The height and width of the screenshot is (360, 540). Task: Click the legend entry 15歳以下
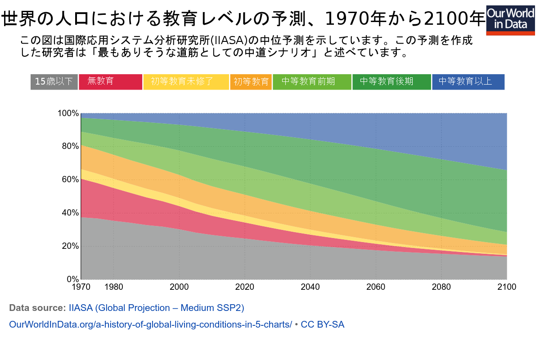[54, 81]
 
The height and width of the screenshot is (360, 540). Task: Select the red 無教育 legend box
[110, 81]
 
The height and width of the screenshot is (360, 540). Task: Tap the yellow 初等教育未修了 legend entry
[186, 81]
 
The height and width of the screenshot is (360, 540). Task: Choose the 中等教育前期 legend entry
[312, 81]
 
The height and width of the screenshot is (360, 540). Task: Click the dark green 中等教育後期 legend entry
[391, 81]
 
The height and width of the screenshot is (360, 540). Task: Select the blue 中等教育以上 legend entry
[468, 81]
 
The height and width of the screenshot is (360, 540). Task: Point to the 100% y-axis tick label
[68, 113]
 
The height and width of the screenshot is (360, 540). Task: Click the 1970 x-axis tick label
[81, 287]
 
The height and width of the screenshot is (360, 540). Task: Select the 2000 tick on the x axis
[179, 287]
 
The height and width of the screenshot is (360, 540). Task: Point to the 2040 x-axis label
[310, 287]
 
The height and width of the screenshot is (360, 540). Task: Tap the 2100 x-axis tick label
[507, 287]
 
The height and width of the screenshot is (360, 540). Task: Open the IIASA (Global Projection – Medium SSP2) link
[156, 308]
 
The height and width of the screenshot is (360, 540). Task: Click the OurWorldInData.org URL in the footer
[151, 324]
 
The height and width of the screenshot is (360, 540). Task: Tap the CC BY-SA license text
[322, 324]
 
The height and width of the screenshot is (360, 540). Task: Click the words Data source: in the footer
[37, 308]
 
